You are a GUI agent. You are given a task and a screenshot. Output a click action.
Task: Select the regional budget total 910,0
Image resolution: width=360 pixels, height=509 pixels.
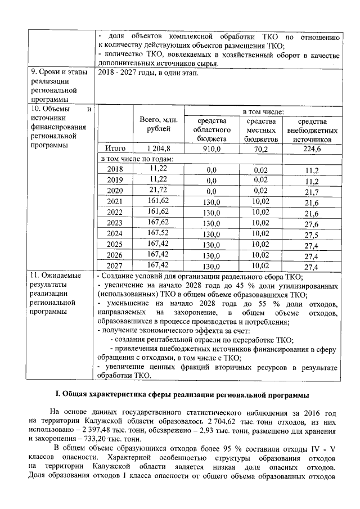[x=211, y=148]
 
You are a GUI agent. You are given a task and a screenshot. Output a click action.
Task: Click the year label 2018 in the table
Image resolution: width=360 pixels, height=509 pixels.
[x=115, y=169]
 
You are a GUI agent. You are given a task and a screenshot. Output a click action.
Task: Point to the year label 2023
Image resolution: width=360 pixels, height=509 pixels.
[x=115, y=223]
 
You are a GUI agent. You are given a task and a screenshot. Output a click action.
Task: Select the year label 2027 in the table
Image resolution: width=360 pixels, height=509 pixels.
[x=115, y=266]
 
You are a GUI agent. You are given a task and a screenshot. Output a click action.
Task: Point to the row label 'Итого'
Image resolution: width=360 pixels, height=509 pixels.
[x=115, y=148]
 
